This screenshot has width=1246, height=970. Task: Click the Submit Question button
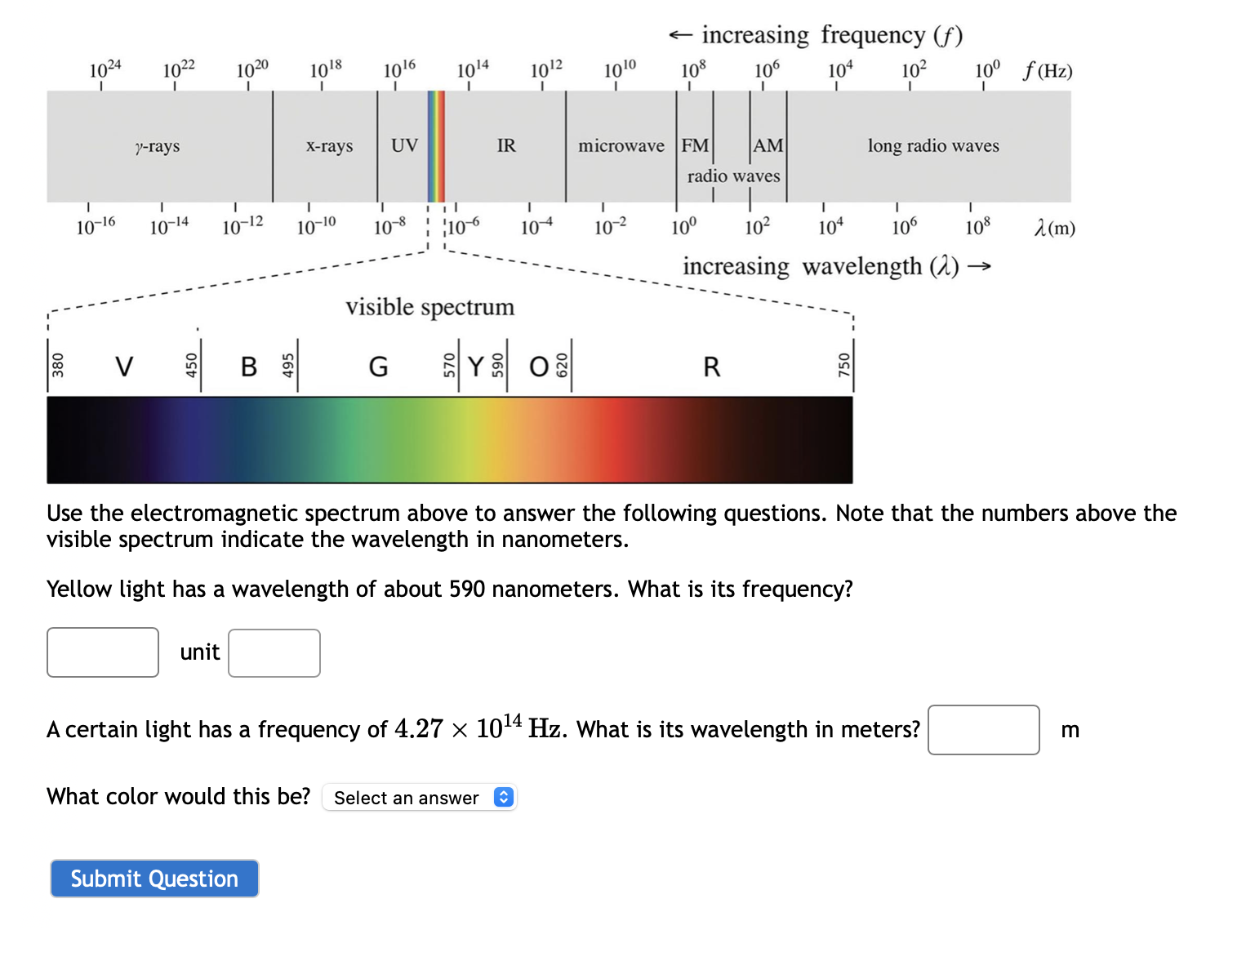pos(154,879)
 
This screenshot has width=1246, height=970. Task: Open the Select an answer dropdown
pos(420,798)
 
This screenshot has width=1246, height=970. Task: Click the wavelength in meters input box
pos(983,730)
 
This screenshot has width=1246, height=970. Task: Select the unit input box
pos(274,653)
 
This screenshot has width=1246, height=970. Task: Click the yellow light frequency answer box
pos(103,652)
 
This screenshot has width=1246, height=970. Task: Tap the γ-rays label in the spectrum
pos(158,146)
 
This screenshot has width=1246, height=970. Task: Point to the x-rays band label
pos(329,146)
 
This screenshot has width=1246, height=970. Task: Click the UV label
pos(404,145)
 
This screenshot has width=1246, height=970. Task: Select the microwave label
pos(621,146)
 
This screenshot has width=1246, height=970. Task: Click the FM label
pos(695,145)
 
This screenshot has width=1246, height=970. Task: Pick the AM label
pos(768,145)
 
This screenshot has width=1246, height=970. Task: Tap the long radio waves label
pos(933,146)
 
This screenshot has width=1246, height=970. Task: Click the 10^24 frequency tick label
pos(105,69)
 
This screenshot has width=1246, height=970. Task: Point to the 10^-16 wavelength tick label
pos(96,226)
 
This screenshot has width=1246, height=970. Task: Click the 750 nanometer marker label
pos(844,365)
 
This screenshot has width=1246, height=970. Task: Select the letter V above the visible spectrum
pos(124,367)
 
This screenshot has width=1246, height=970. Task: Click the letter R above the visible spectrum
pos(712,367)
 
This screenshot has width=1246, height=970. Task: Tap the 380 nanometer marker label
pos(58,365)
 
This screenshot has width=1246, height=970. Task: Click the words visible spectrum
pos(429,307)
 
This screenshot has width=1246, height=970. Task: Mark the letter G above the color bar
pos(378,367)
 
